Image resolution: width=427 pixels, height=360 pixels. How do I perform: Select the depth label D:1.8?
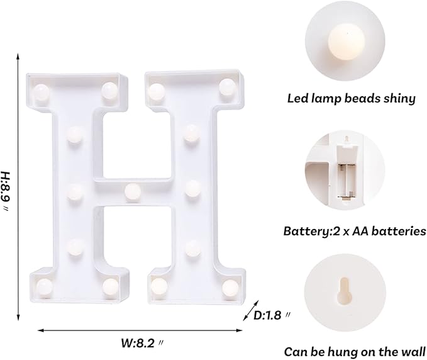[272, 313]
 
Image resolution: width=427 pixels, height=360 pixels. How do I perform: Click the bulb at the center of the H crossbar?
[132, 191]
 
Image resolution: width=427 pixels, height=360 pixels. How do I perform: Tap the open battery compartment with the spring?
[345, 170]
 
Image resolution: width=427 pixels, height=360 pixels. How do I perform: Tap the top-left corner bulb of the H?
[42, 93]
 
